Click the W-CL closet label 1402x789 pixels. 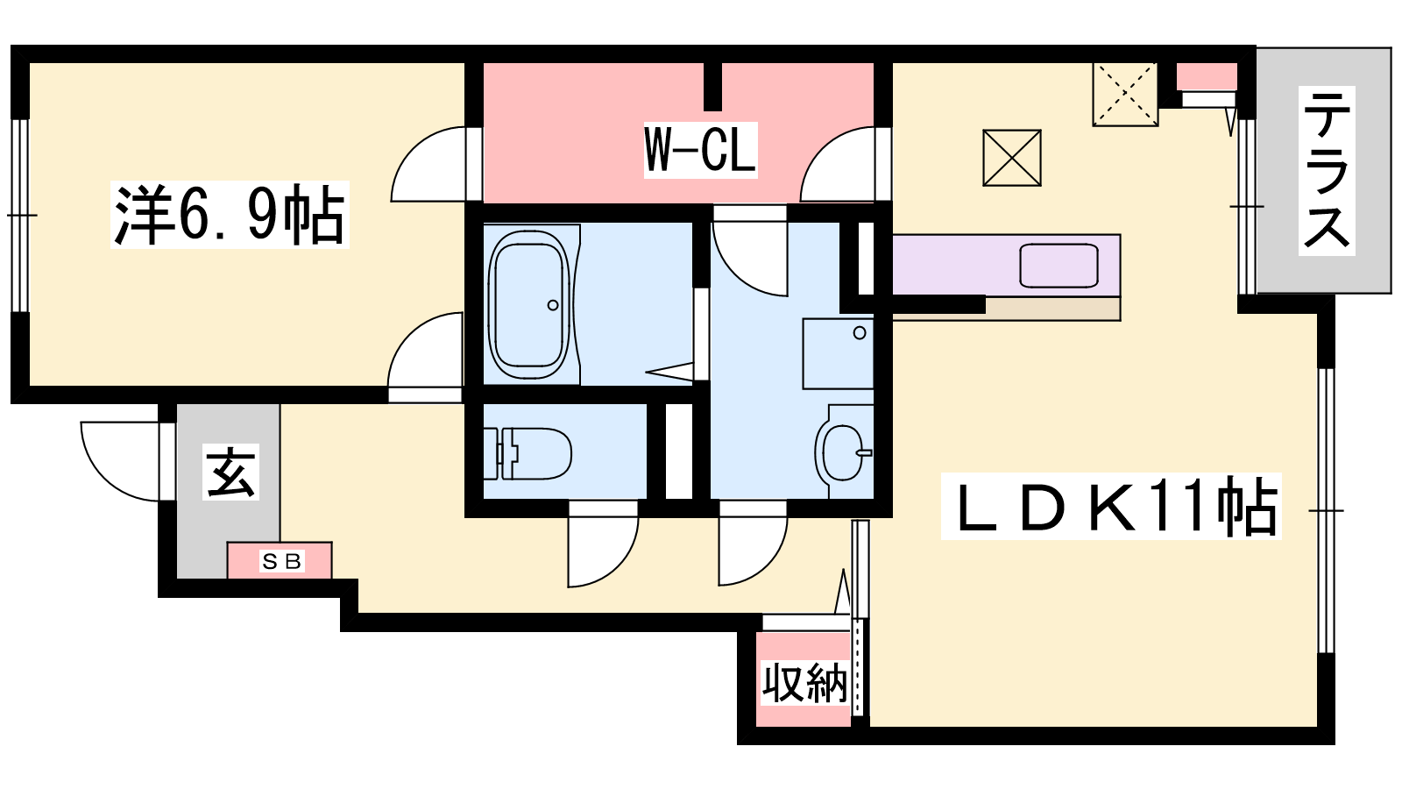pyautogui.click(x=700, y=150)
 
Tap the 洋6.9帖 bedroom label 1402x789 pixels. pyautogui.click(x=229, y=215)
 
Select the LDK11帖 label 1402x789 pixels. pyautogui.click(x=1111, y=506)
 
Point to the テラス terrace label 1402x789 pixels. pyautogui.click(x=1327, y=170)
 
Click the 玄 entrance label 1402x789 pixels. pyautogui.click(x=230, y=473)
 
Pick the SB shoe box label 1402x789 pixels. pyautogui.click(x=281, y=561)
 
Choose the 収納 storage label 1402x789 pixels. pyautogui.click(x=804, y=683)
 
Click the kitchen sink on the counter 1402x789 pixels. pyautogui.click(x=1059, y=266)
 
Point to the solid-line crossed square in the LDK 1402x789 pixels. pyautogui.click(x=1011, y=158)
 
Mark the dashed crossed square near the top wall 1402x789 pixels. pyautogui.click(x=1125, y=94)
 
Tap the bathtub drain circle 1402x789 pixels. pyautogui.click(x=553, y=305)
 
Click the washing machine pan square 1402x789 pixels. pyautogui.click(x=838, y=354)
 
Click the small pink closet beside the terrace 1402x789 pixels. pyautogui.click(x=1206, y=76)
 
